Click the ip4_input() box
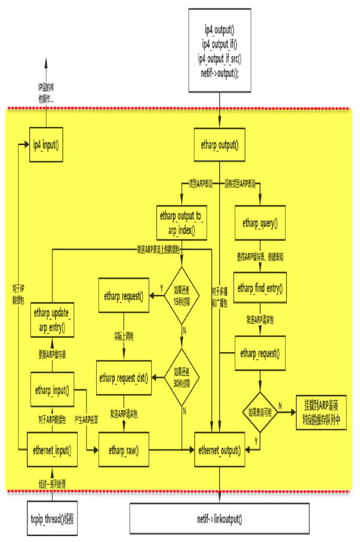click(x=47, y=144)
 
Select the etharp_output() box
click(x=220, y=144)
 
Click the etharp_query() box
click(x=260, y=223)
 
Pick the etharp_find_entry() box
click(x=260, y=289)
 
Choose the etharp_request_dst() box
click(x=124, y=377)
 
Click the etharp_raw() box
click(x=124, y=448)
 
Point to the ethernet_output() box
click(x=220, y=448)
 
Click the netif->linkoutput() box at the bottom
click(x=220, y=518)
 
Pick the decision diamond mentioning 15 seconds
click(x=183, y=295)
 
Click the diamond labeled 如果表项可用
click(x=260, y=412)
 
